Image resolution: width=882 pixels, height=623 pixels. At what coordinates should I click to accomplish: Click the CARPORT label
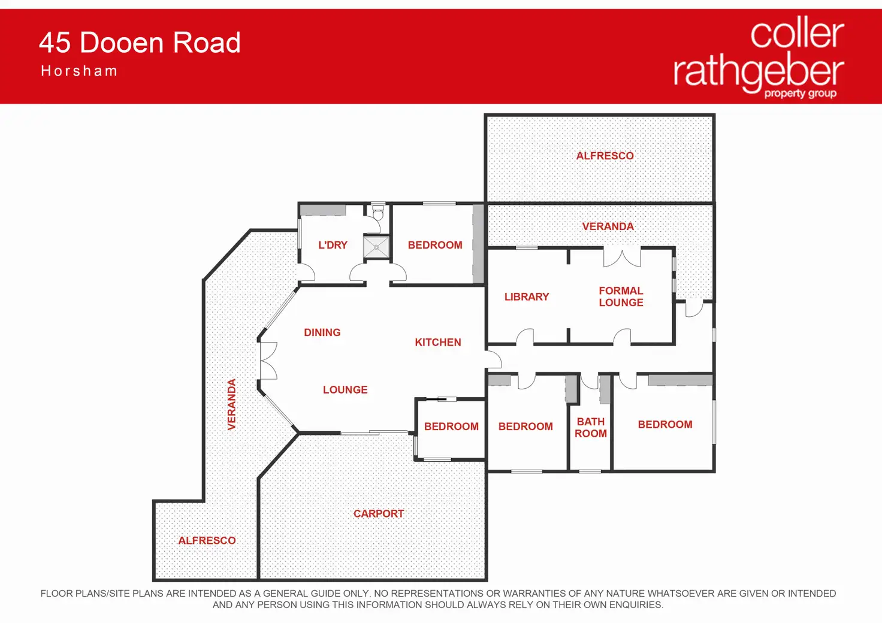[379, 514]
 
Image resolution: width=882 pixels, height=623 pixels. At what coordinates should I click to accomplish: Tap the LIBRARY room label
[527, 297]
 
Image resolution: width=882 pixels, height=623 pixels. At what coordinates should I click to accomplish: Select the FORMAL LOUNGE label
[621, 297]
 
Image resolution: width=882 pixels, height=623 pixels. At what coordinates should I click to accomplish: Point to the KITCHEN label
[438, 343]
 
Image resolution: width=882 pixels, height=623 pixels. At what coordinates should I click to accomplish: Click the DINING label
[322, 332]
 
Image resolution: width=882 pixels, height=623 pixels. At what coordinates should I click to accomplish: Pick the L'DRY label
[333, 245]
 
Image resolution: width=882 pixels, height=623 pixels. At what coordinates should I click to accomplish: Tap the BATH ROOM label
[591, 428]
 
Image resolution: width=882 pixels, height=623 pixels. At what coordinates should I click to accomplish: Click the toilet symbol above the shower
[378, 213]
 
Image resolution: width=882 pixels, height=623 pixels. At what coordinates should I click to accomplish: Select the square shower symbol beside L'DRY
[377, 247]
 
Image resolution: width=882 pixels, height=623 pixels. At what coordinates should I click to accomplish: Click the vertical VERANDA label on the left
[232, 404]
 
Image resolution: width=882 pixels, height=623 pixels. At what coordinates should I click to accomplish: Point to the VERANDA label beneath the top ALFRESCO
[608, 226]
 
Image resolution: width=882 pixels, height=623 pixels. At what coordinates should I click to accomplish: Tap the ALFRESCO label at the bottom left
[207, 540]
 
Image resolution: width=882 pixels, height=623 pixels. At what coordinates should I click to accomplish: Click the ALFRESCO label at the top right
[605, 156]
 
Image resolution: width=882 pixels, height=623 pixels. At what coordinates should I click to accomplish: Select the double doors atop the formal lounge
[622, 257]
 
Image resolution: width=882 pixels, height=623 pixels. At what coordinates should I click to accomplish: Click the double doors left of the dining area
[268, 361]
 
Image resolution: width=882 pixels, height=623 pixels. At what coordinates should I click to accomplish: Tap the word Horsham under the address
[79, 71]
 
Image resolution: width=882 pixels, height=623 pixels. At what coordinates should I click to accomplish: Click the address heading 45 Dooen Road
[140, 43]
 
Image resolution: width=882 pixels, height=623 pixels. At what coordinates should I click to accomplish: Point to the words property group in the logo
[800, 93]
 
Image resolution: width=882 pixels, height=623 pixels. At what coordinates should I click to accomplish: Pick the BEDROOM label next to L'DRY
[435, 245]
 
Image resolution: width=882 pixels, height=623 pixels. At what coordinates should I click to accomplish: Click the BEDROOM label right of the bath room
[665, 425]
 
